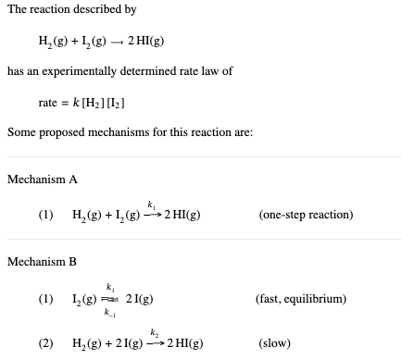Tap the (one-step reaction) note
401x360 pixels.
click(x=307, y=216)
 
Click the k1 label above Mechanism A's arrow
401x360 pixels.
click(x=149, y=204)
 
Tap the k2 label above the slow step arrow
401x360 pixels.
click(x=154, y=331)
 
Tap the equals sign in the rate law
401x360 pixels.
click(x=70, y=102)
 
